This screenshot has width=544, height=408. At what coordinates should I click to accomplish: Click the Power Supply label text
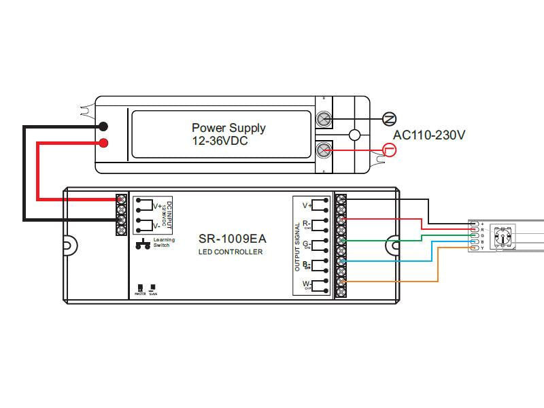click(228, 128)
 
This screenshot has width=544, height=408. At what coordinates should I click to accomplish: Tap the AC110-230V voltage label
click(429, 135)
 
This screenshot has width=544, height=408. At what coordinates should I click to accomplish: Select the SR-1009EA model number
click(232, 239)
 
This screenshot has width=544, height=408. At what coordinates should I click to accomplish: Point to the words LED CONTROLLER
click(230, 252)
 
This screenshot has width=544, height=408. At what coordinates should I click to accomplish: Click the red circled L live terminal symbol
click(389, 150)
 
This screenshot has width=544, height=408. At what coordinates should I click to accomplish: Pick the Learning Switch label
click(164, 242)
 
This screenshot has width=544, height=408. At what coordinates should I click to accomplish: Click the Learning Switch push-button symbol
click(143, 244)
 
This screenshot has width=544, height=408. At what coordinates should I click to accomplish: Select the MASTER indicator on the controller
click(140, 290)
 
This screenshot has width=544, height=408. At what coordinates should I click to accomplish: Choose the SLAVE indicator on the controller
click(153, 290)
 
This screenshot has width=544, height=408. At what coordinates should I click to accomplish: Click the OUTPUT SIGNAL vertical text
click(298, 246)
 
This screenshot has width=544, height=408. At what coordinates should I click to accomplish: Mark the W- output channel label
click(307, 284)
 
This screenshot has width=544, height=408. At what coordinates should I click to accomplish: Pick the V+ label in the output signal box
click(307, 204)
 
